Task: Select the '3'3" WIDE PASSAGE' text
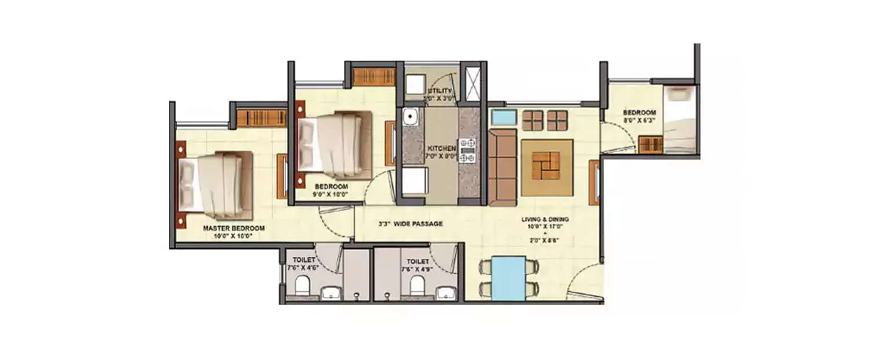410,224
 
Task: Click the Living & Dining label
545,220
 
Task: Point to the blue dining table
509,279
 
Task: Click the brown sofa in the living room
502,168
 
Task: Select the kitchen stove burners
467,149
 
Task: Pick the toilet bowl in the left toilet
302,285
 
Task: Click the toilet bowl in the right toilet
415,285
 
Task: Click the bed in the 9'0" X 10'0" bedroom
334,145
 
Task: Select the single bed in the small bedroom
679,120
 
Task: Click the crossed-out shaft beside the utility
473,85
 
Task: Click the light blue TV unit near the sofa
503,117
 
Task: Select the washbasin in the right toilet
446,291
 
